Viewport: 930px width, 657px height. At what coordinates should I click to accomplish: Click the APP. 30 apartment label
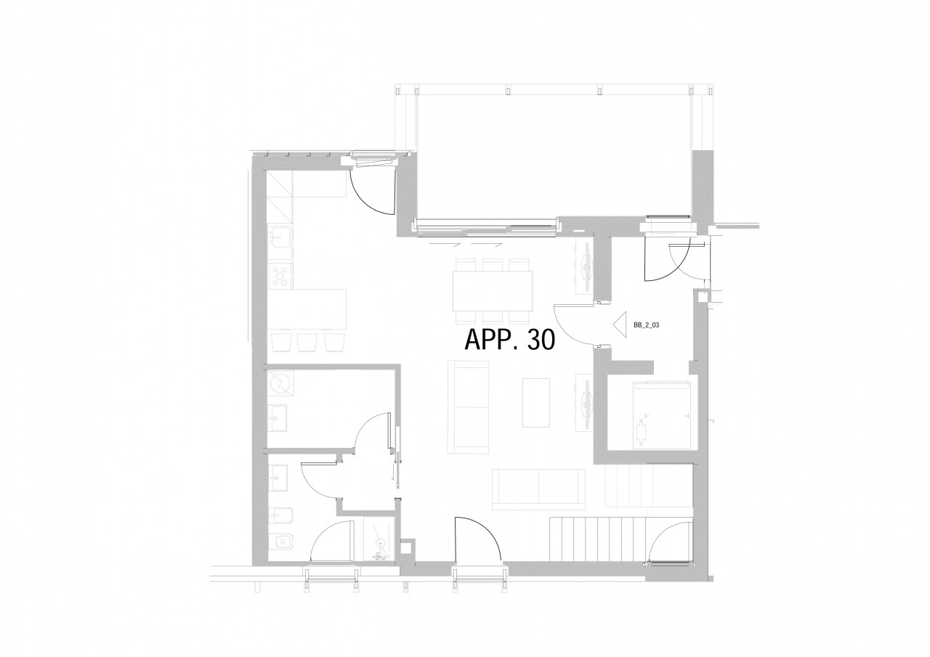(x=509, y=339)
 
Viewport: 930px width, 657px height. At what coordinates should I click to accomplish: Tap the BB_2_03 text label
(x=646, y=326)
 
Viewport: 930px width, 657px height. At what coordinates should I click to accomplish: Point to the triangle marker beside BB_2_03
(x=620, y=324)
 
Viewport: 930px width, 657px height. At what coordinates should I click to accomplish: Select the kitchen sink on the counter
(x=280, y=237)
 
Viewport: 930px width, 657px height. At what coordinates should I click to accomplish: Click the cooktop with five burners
(x=280, y=275)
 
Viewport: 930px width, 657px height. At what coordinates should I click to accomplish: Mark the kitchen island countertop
(x=307, y=309)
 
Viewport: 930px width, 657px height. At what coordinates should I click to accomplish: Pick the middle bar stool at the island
(x=307, y=342)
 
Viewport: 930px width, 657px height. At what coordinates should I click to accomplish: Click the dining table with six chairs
(x=492, y=290)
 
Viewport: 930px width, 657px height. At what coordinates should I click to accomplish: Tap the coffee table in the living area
(x=535, y=402)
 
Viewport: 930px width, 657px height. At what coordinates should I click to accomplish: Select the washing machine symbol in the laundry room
(x=280, y=383)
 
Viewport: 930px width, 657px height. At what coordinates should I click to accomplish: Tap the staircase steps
(x=596, y=537)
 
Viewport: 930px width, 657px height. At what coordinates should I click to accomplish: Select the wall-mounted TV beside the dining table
(x=586, y=266)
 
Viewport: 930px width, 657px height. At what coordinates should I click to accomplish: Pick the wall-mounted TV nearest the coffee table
(x=586, y=402)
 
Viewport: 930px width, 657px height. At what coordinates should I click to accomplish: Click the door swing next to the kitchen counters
(x=373, y=190)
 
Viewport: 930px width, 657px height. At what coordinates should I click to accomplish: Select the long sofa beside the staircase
(x=538, y=489)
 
